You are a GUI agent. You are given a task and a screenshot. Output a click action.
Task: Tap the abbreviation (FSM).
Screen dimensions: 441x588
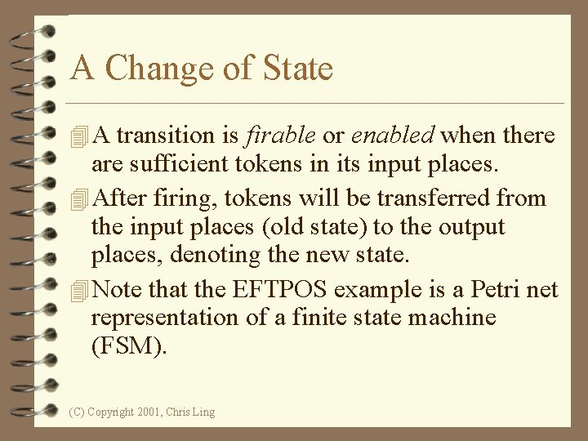[x=128, y=347]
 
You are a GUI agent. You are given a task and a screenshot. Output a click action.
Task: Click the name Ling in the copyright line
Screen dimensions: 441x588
[x=203, y=412]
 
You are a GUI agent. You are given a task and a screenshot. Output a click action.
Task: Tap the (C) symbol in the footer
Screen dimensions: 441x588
[x=78, y=412]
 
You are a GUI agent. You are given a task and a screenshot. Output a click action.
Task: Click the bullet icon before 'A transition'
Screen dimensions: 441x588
[x=79, y=136]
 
